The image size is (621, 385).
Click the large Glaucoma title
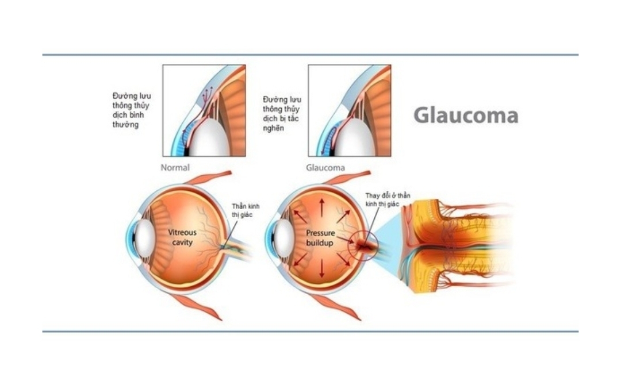466,115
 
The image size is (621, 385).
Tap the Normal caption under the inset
175,168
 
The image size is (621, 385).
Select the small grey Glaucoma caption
325,168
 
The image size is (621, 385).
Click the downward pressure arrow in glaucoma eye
322,270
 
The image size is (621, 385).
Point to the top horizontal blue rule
310,55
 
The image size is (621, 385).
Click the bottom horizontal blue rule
310,332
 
